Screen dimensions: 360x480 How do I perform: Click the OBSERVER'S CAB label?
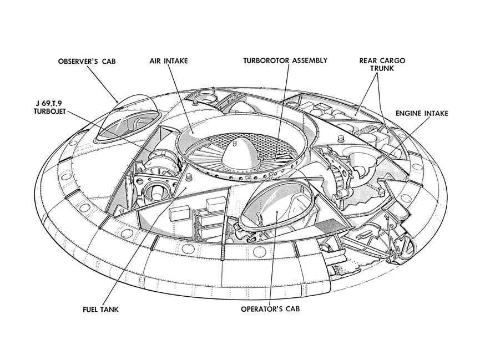[x=90, y=61]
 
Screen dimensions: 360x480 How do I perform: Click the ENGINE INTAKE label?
[x=422, y=113]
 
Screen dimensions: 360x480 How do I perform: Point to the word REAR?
[x=369, y=61]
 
